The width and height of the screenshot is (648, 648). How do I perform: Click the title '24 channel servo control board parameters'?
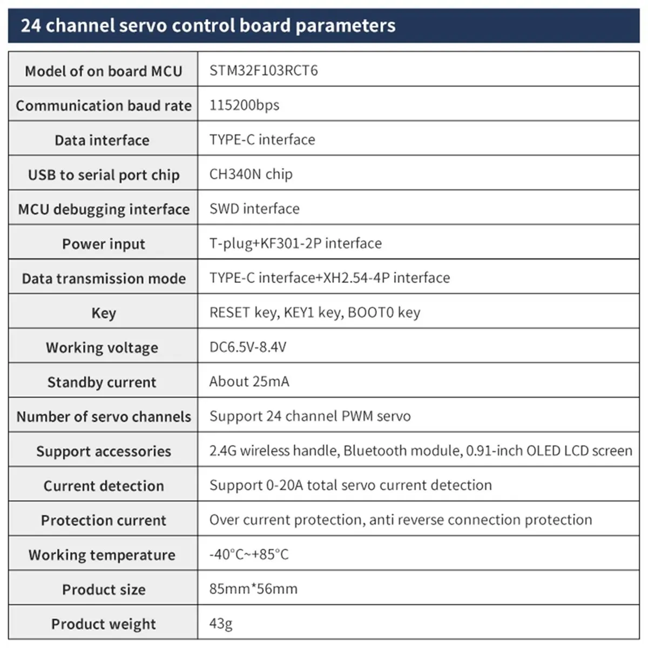(208, 25)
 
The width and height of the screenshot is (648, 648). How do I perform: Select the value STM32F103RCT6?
(264, 71)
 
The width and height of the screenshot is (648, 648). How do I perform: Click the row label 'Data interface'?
(102, 140)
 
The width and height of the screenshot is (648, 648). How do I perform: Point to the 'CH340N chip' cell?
(251, 174)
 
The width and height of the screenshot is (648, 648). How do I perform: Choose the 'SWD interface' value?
(254, 208)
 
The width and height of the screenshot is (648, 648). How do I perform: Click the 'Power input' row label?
(104, 244)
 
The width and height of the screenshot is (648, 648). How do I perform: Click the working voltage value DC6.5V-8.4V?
(248, 347)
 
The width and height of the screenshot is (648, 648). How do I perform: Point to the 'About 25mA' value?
(249, 382)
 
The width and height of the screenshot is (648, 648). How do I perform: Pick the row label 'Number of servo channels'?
(104, 417)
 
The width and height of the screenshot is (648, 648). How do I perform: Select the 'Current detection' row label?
(104, 486)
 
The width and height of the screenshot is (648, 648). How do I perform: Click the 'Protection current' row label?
(104, 521)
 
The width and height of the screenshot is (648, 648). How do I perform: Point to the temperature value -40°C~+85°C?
(249, 555)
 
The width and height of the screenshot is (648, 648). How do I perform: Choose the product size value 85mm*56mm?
(253, 589)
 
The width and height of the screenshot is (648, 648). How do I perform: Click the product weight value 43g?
(221, 624)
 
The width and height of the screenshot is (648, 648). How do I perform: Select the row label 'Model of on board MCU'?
(104, 71)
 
